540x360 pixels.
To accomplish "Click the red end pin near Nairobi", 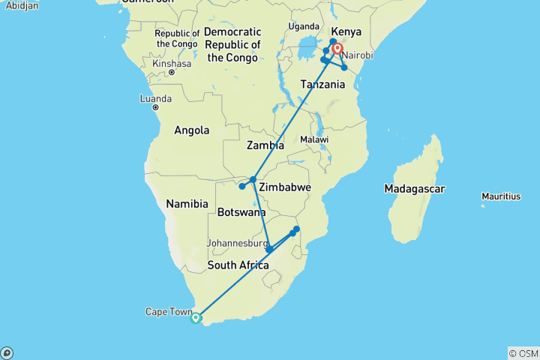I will click(x=337, y=50).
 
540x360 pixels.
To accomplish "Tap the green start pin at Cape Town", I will click(x=196, y=318).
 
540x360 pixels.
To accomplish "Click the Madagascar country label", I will click(x=415, y=189).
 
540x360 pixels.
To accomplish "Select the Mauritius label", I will click(x=502, y=196).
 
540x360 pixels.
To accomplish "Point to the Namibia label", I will click(x=187, y=204).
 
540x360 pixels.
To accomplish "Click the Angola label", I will click(x=191, y=130).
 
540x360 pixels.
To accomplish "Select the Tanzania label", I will click(x=322, y=84).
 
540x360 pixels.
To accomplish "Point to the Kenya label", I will click(x=346, y=32).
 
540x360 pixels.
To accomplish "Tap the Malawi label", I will click(x=314, y=140).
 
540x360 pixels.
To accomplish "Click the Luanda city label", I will click(x=155, y=99).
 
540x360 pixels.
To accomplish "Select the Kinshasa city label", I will click(x=172, y=64).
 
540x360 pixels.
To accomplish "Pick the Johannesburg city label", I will click(x=237, y=243).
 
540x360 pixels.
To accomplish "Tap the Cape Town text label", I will click(x=167, y=312).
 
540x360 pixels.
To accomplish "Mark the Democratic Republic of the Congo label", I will click(x=232, y=45).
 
